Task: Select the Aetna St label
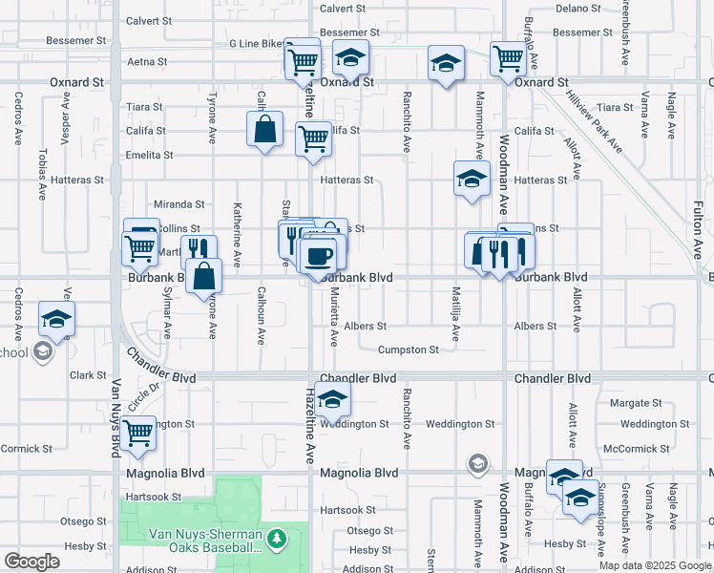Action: click(147, 61)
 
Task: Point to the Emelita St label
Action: click(149, 155)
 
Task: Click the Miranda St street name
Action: click(179, 204)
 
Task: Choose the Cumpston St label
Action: click(409, 350)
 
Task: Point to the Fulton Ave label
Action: click(698, 230)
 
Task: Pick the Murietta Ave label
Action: click(333, 319)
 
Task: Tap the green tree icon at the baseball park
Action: click(277, 540)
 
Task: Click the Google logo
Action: click(31, 561)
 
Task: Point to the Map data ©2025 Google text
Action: click(654, 565)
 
